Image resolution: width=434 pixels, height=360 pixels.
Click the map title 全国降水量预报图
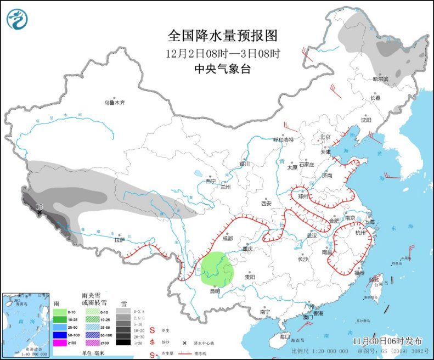point(222,36)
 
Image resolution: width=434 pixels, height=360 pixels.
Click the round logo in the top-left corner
point(18,19)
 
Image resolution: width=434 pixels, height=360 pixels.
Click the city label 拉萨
point(119,240)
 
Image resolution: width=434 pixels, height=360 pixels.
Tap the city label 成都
point(228,239)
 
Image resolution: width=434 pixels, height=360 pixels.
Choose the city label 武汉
point(312,235)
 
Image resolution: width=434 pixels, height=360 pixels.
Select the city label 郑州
point(305,195)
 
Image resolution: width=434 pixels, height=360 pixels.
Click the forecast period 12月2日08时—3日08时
point(222,54)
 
